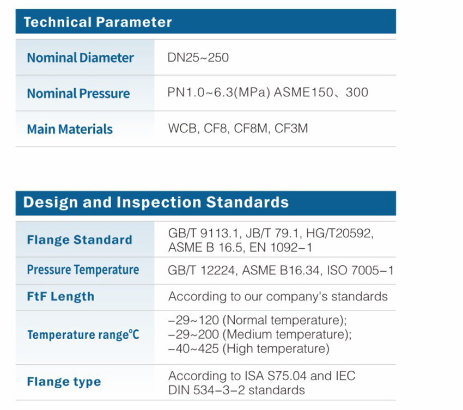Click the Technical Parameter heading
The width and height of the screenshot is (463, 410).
pyautogui.click(x=98, y=22)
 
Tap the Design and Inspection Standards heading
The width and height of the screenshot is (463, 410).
pyautogui.click(x=156, y=203)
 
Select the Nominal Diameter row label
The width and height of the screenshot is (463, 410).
pyautogui.click(x=80, y=58)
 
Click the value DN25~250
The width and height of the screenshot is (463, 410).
pyautogui.click(x=198, y=58)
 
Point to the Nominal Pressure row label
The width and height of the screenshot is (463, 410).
pyautogui.click(x=78, y=93)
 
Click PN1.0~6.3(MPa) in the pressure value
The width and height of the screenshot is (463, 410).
pyautogui.click(x=219, y=93)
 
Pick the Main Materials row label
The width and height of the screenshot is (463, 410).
pyautogui.click(x=70, y=129)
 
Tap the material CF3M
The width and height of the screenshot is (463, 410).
pyautogui.click(x=291, y=128)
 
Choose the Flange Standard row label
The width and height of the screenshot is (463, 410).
pyautogui.click(x=80, y=240)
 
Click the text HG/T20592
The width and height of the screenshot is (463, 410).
pyautogui.click(x=339, y=234)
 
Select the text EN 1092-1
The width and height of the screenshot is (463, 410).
pyautogui.click(x=281, y=247)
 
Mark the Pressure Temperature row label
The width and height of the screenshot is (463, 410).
pyautogui.click(x=83, y=270)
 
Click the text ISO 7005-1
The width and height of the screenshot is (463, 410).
pyautogui.click(x=360, y=271)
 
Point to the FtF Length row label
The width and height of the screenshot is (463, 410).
pyautogui.click(x=60, y=296)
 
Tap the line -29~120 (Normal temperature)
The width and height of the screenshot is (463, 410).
pyautogui.click(x=257, y=320)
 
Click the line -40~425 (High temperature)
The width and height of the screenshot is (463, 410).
pyautogui.click(x=248, y=348)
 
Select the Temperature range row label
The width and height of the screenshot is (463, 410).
pyautogui.click(x=83, y=335)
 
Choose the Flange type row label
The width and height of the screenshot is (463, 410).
pyautogui.click(x=64, y=382)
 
